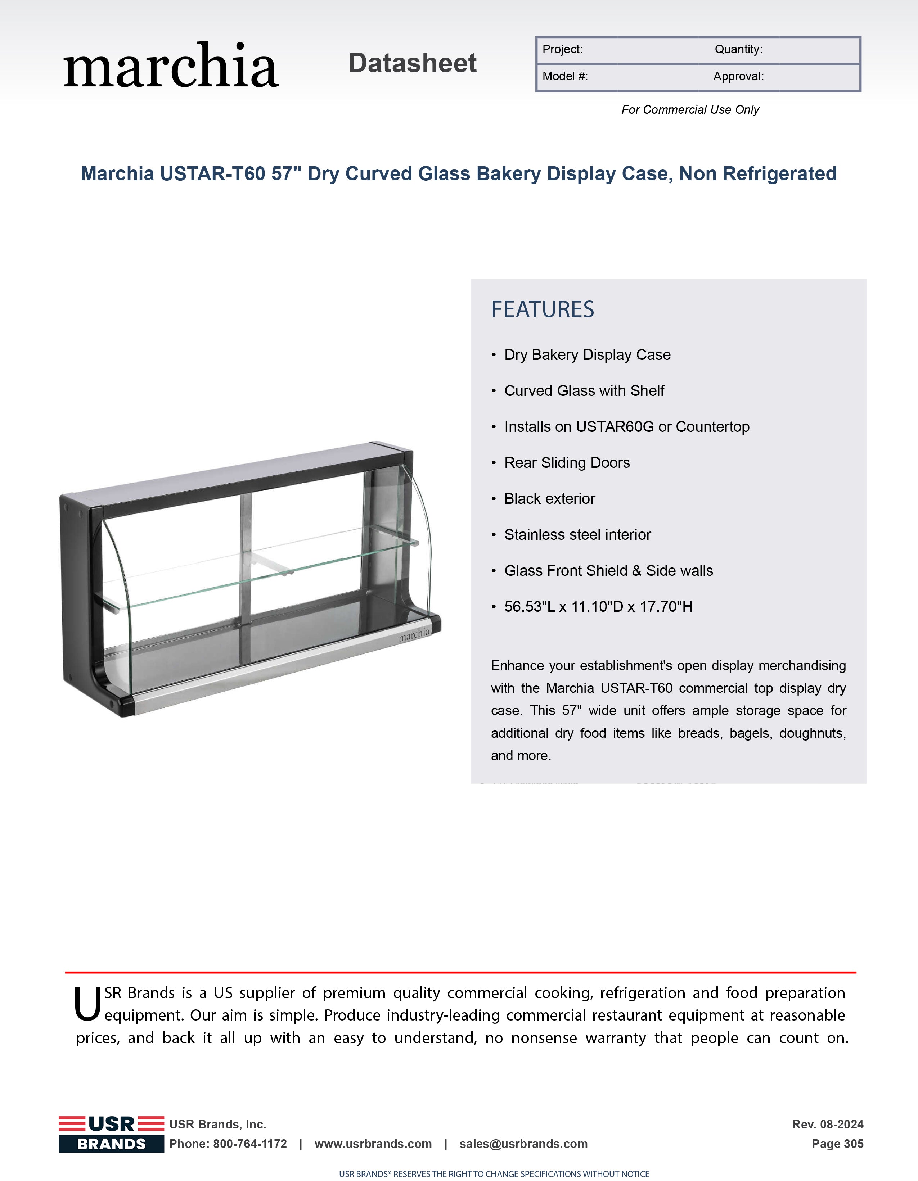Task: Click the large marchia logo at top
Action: (x=171, y=65)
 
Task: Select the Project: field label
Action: (x=563, y=49)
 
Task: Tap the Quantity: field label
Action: (x=738, y=49)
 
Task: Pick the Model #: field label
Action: (x=565, y=76)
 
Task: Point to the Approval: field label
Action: (x=738, y=76)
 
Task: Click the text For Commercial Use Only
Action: (x=690, y=110)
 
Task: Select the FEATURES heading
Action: (x=543, y=309)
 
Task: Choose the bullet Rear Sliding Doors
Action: (x=567, y=463)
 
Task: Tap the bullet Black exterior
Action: (x=550, y=499)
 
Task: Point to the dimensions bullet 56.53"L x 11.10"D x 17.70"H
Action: (x=598, y=607)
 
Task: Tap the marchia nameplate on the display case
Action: (x=414, y=634)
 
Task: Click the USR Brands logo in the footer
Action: (x=112, y=1134)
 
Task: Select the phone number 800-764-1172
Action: (x=250, y=1144)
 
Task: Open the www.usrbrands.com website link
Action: (x=373, y=1144)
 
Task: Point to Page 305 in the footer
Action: (x=837, y=1144)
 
